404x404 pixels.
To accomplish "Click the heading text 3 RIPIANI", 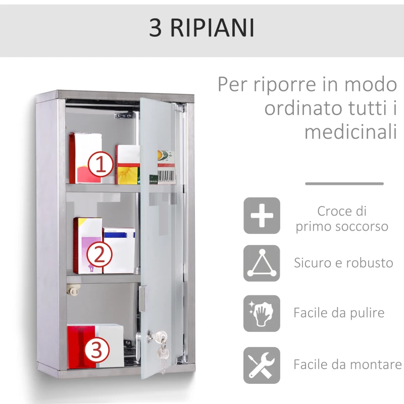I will coord(201,28).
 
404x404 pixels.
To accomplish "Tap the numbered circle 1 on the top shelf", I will coord(100,165).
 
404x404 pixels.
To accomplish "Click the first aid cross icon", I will coord(262,216).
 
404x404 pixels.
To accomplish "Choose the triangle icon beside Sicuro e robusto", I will coord(262,263).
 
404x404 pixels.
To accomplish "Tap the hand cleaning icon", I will coord(262,314).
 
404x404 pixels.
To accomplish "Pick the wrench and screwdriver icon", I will coord(262,365).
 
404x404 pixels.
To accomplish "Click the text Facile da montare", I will coord(347,364).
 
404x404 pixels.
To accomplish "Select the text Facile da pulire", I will coord(339,313).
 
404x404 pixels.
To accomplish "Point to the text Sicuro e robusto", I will coord(343,263).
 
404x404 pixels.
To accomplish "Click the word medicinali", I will coord(350,132).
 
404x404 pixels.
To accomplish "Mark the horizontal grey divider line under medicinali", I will coord(344,184).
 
